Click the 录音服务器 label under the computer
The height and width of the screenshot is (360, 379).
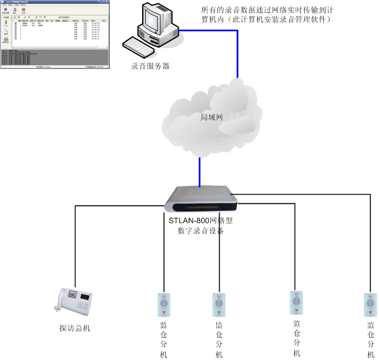click(x=150, y=66)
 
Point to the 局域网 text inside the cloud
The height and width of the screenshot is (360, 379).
click(x=212, y=117)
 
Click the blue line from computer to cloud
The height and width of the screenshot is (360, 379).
click(x=237, y=53)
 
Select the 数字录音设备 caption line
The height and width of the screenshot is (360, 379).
click(x=201, y=231)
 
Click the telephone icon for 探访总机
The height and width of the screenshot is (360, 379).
click(x=75, y=302)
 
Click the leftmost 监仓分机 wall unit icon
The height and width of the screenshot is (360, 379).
click(x=163, y=305)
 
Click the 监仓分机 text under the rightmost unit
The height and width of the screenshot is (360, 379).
click(x=371, y=339)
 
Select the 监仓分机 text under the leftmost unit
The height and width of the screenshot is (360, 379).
click(x=163, y=339)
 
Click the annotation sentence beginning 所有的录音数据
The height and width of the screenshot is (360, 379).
click(x=266, y=16)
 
